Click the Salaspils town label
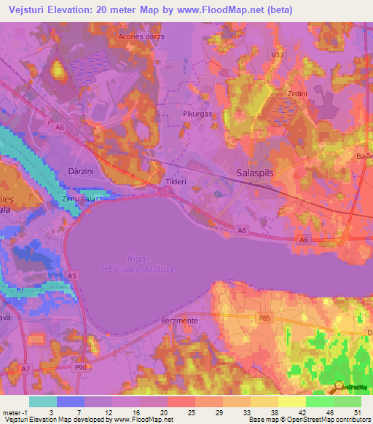256,173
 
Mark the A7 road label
25,369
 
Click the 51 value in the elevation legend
356,412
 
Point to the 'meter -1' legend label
15,412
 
